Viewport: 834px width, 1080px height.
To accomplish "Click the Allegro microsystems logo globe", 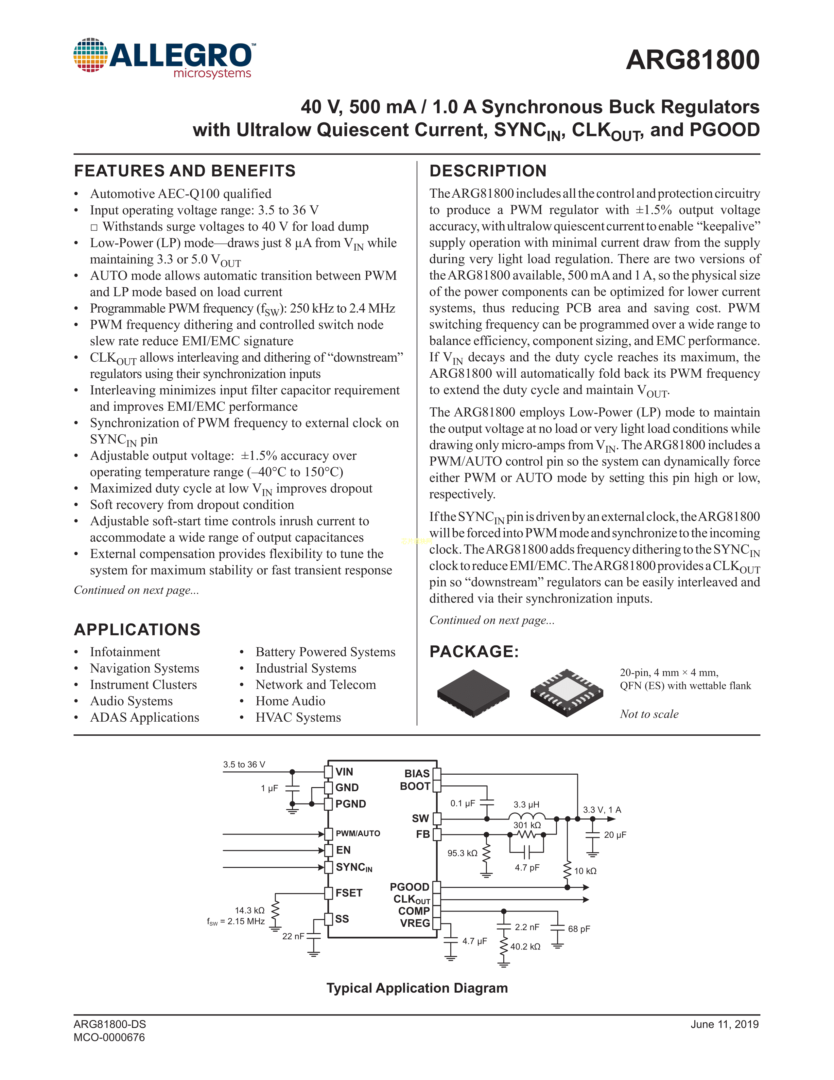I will coord(90,55).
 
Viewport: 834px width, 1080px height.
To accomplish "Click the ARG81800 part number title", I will coord(692,60).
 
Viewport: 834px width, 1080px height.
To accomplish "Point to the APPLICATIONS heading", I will coord(137,629).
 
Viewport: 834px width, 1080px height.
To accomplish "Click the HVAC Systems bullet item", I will coord(298,717).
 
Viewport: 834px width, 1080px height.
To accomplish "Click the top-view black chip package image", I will coord(473,693).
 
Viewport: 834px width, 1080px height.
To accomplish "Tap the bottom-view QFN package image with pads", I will coord(567,693).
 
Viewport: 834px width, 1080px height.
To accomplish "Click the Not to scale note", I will coord(649,714).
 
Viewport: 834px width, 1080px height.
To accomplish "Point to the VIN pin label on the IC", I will coord(344,772).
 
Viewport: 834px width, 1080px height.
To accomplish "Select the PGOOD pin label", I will coord(409,887).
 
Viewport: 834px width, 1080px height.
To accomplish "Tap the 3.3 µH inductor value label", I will coord(526,804).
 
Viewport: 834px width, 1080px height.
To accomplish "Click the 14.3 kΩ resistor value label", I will coord(250,910).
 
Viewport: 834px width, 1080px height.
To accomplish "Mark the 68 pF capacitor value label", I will coord(579,929).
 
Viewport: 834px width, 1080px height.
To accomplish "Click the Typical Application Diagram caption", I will coord(417,988).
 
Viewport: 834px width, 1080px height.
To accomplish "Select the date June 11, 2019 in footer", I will coord(724,1024).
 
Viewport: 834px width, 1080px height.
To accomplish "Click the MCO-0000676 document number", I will coord(109,1037).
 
